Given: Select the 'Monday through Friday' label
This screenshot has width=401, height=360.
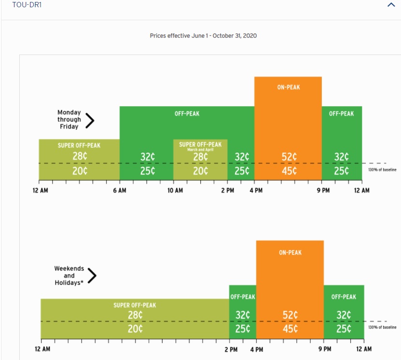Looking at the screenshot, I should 69,120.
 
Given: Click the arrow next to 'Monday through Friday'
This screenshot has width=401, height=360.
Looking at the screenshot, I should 90,120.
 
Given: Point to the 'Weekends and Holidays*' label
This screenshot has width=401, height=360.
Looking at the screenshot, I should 69,276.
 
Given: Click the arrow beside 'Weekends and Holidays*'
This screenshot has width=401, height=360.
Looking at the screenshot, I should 92,276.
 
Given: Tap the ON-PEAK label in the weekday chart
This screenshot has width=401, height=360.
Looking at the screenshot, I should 289,87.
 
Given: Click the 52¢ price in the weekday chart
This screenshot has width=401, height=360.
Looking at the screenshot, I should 289,157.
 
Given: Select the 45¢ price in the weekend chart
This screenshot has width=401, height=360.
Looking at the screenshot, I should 290,329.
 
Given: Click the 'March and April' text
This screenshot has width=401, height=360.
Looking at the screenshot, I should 200,150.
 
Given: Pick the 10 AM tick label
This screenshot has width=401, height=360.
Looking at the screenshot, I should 175,191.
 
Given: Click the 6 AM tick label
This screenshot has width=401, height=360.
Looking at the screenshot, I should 119,191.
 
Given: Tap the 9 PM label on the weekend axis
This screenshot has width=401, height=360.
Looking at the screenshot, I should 325,349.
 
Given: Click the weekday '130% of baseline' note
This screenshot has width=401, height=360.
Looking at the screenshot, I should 382,169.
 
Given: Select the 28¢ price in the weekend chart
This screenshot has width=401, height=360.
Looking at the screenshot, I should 135,315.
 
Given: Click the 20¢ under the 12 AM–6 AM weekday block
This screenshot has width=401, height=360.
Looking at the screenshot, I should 80,171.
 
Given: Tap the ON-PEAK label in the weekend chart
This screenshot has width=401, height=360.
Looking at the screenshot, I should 290,252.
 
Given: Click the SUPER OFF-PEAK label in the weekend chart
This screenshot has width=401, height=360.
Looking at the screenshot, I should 135,305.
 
